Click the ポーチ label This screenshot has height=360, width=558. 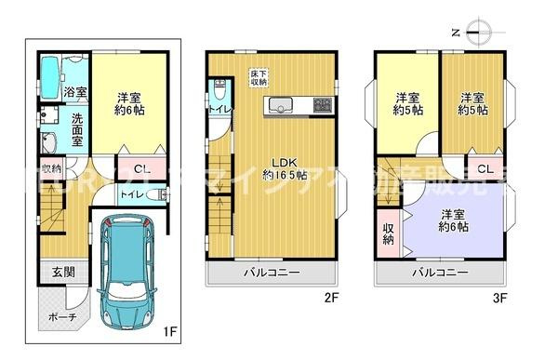61,316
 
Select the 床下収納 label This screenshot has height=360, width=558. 259,78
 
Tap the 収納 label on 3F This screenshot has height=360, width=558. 387,233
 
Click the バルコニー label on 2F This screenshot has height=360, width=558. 272,273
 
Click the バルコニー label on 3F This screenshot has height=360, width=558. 439,273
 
